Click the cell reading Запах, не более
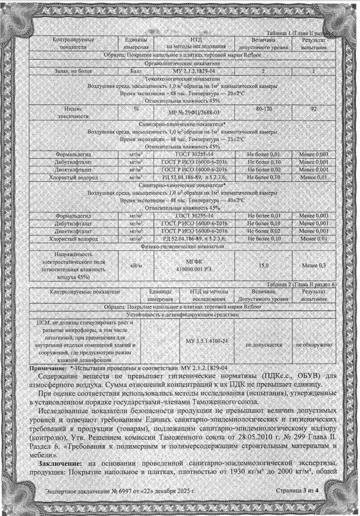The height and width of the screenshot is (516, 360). tap(71, 70)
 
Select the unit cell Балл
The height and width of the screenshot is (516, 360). tap(136, 70)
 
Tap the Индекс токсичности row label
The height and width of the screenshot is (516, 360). tap(71, 113)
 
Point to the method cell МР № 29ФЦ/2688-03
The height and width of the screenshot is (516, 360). tap(190, 111)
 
